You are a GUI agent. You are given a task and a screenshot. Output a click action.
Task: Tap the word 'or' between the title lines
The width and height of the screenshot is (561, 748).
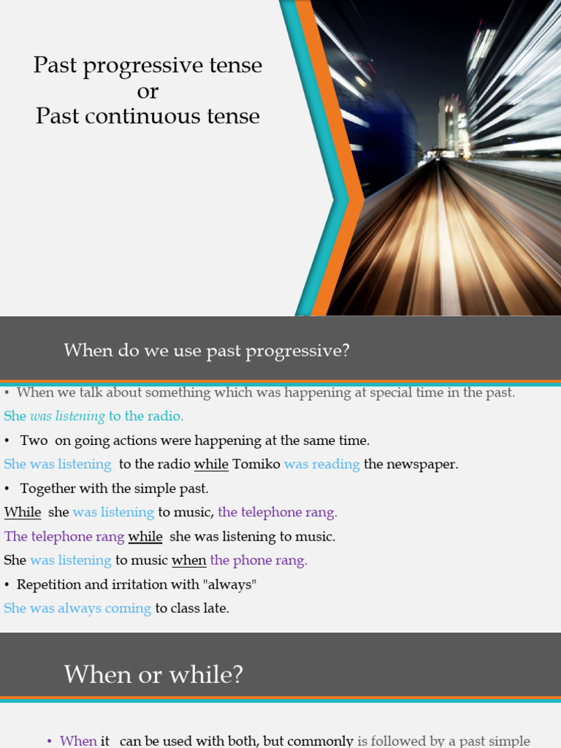148,91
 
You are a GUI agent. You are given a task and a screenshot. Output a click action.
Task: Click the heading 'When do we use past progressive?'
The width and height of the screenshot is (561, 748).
207,351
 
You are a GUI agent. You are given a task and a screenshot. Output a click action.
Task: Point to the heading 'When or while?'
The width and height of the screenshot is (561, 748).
153,674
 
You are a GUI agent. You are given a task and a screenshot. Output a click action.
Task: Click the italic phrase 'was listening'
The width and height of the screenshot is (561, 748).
67,416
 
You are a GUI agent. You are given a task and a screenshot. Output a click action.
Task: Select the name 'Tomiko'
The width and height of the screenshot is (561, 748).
256,465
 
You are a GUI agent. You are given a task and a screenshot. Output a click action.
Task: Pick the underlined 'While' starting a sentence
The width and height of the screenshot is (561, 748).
23,513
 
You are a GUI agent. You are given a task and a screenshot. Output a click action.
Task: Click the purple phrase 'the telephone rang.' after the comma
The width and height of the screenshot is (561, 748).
278,513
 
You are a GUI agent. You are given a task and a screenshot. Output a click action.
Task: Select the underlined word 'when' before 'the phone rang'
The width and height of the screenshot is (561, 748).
189,561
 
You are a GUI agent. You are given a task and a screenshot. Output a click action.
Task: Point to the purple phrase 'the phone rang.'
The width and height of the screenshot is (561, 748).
259,561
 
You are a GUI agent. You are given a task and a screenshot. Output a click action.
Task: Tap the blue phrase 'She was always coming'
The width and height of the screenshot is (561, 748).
77,608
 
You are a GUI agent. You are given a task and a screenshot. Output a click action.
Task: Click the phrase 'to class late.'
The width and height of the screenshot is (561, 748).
192,608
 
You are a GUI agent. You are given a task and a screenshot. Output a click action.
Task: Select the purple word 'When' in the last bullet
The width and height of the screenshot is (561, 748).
78,741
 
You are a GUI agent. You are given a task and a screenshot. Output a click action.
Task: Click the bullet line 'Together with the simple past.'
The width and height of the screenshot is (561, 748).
114,489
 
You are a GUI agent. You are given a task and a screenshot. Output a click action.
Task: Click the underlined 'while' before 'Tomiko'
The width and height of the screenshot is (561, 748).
211,465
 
